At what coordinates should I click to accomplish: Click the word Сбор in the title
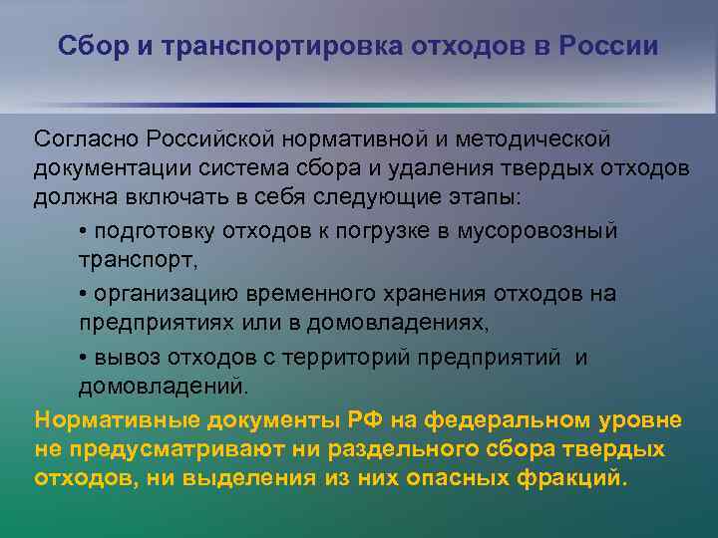pos(88,47)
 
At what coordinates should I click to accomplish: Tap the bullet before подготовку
pos(83,232)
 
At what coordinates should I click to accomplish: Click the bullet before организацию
pos(83,295)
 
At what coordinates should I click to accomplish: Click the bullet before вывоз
pos(83,358)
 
